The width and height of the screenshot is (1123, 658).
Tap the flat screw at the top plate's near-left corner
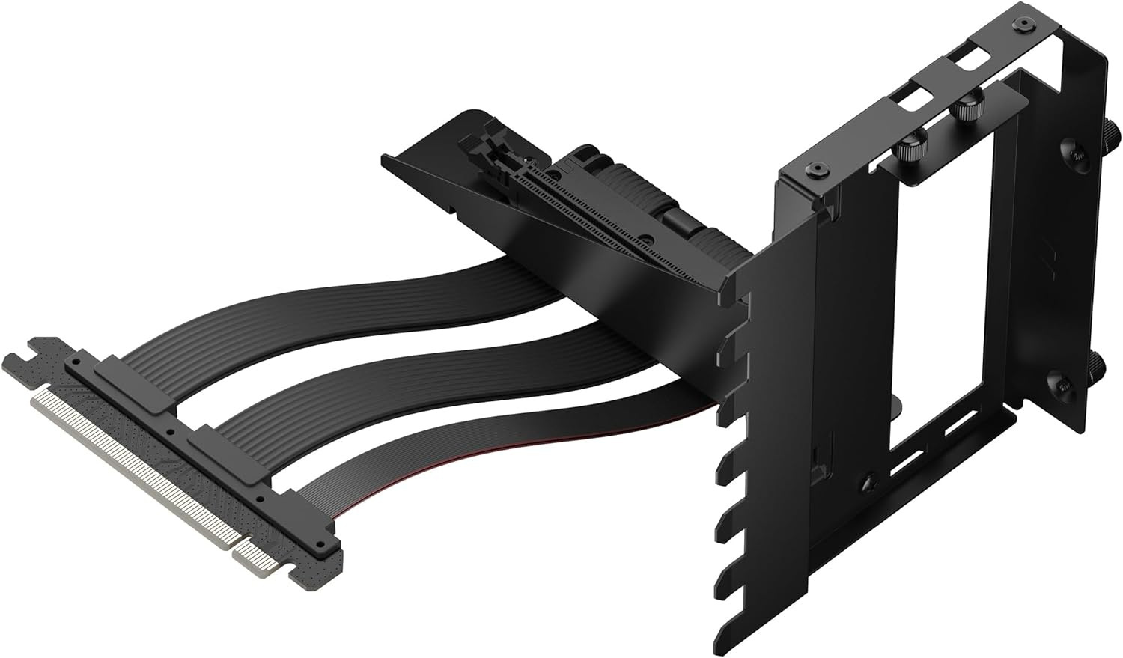pyautogui.click(x=813, y=172)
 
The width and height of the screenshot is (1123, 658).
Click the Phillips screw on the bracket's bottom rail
pyautogui.click(x=869, y=483)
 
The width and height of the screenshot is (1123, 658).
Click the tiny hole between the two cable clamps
pyautogui.click(x=171, y=432)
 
